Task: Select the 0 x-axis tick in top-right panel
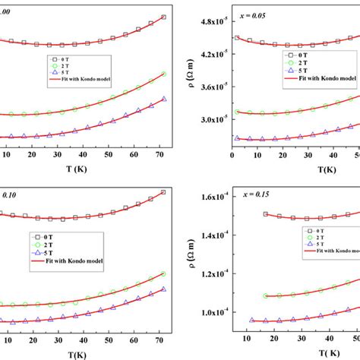[x=232, y=155]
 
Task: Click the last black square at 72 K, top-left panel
[x=163, y=17]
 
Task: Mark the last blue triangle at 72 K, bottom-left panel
[x=163, y=289]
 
